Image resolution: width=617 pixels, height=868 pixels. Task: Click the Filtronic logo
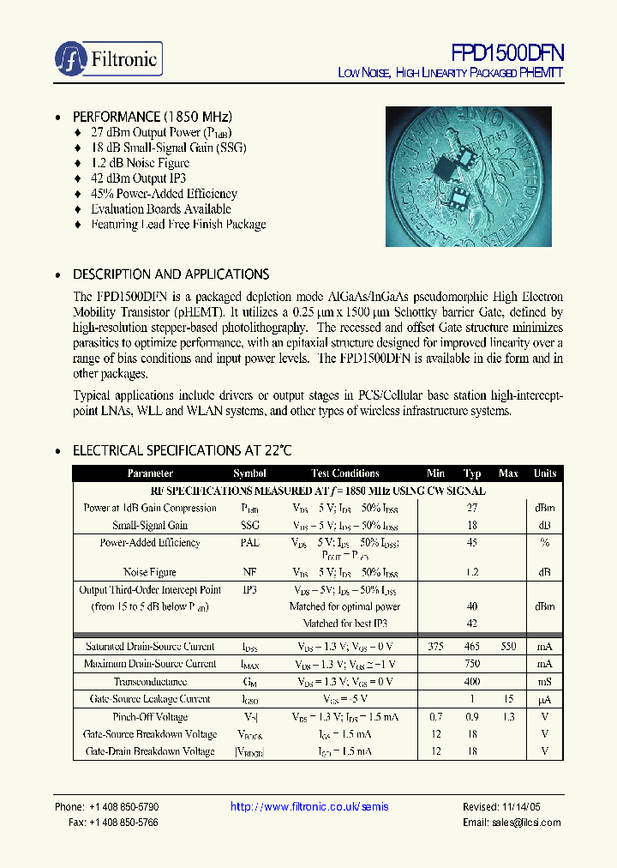tap(108, 58)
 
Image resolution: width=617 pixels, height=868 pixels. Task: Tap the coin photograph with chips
tap(474, 176)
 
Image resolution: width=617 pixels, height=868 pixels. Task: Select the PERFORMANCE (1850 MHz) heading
tap(153, 117)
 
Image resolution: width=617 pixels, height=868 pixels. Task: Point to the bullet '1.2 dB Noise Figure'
tap(140, 163)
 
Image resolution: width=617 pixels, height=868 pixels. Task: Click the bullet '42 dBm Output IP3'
tap(138, 178)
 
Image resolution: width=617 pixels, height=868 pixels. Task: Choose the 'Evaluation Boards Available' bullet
tap(161, 209)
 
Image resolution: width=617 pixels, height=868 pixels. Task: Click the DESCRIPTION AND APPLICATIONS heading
tap(171, 274)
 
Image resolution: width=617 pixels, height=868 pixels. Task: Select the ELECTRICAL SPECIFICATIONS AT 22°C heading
tap(183, 450)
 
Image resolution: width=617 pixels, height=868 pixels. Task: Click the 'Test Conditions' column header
tap(345, 473)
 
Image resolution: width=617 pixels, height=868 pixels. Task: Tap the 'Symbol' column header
tap(249, 473)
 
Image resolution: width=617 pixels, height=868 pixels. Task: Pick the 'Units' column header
tap(545, 473)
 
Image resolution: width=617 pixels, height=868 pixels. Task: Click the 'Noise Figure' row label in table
tap(150, 572)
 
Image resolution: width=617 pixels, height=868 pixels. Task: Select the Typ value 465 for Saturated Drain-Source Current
tap(472, 647)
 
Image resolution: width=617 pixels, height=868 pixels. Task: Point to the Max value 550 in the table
tap(508, 647)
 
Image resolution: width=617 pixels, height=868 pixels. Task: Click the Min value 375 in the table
tap(435, 647)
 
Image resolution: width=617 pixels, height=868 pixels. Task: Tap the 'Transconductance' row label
tap(150, 682)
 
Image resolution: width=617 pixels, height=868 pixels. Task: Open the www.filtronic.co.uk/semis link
tap(310, 807)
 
